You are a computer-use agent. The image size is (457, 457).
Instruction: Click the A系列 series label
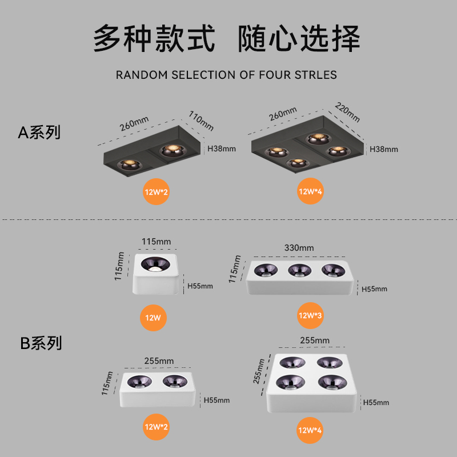tap(39, 133)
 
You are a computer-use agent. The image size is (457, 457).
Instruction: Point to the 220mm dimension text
tap(347, 113)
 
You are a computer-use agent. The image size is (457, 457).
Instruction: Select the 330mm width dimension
tap(299, 248)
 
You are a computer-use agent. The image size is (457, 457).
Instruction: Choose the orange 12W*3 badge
tap(310, 315)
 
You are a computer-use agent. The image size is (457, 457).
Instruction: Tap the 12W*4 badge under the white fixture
tap(310, 430)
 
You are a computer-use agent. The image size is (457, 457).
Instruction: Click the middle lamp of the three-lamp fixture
tap(299, 270)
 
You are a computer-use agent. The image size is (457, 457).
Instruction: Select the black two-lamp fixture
tap(151, 155)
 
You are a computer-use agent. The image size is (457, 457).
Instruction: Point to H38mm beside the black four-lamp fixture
tap(384, 149)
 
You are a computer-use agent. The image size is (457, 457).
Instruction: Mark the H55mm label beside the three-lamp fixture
tap(374, 289)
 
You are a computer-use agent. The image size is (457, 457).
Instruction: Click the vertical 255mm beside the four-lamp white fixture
tap(260, 371)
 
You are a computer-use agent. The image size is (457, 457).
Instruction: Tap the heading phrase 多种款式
tap(154, 39)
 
